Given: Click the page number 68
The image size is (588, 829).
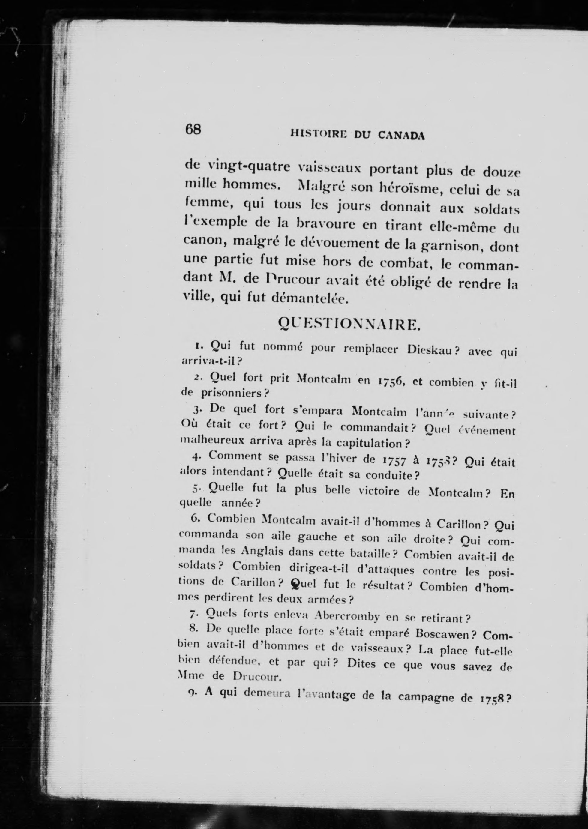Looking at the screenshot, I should [193, 129].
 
